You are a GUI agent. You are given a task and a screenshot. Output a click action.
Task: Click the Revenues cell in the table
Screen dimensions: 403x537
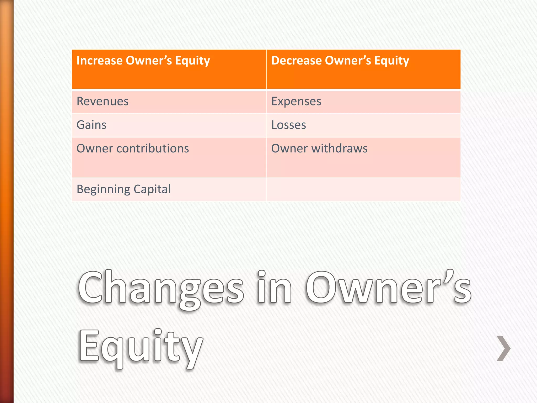pyautogui.click(x=103, y=102)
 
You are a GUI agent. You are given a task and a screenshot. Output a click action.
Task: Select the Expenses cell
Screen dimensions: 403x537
pyautogui.click(x=296, y=102)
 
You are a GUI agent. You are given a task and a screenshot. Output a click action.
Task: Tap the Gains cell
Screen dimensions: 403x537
pyautogui.click(x=92, y=125)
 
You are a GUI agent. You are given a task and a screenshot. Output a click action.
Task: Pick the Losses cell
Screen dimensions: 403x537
pyautogui.click(x=288, y=125)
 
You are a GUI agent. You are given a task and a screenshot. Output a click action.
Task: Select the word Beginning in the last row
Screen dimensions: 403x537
pyautogui.click(x=103, y=189)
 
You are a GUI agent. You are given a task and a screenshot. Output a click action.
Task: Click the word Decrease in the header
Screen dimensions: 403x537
pyautogui.click(x=296, y=61)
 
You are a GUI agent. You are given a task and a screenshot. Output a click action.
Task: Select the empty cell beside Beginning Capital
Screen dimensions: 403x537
pyautogui.click(x=363, y=189)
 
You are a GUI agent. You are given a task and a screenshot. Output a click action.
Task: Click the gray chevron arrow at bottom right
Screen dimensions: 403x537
pyautogui.click(x=503, y=348)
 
